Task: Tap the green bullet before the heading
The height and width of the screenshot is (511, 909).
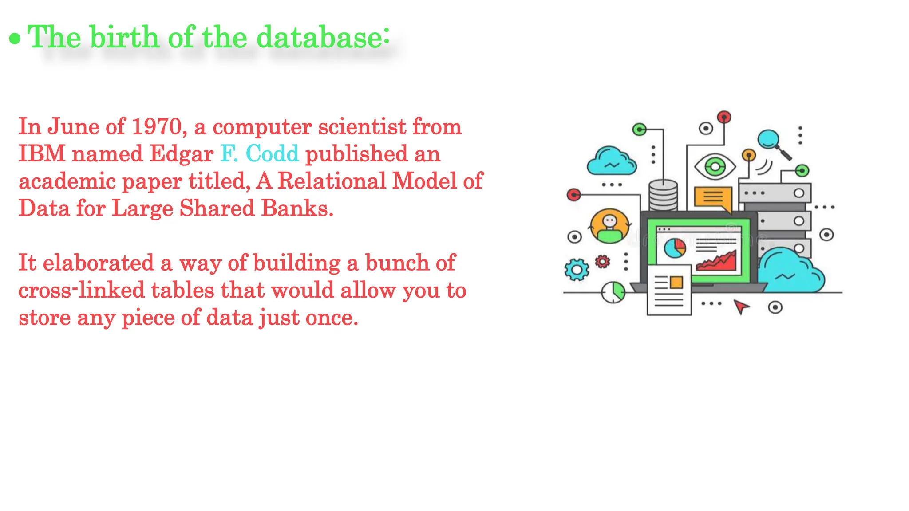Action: coord(15,39)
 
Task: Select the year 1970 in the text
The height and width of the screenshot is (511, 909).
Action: coord(157,127)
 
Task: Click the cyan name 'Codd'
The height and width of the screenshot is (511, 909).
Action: coord(272,154)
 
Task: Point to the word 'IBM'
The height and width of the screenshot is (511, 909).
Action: coord(42,154)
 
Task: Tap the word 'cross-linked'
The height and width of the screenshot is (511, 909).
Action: coord(81,291)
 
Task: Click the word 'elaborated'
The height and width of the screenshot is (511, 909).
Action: coord(98,263)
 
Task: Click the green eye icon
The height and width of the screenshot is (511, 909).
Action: coord(715,167)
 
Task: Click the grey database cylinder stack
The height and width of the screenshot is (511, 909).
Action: coord(663,195)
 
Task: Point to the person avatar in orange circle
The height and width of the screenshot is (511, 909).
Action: coord(610,225)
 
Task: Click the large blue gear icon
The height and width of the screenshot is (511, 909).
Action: coord(577,269)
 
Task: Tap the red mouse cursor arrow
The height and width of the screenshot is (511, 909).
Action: coord(740,306)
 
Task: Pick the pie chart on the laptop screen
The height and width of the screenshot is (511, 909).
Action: coord(675,248)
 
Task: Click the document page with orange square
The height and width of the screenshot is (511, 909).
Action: coord(669,290)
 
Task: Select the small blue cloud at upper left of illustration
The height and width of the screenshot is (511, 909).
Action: coord(611,162)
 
